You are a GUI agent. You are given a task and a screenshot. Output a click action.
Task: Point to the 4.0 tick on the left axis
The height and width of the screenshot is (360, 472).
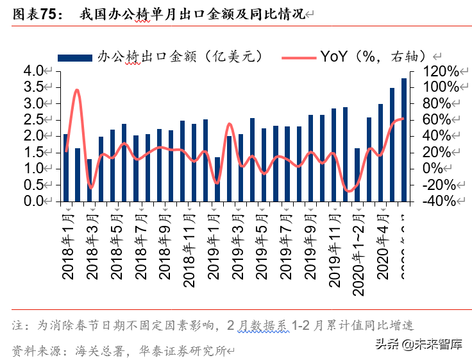[33, 71]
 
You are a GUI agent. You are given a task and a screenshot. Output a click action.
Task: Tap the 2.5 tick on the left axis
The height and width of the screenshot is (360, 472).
[33, 120]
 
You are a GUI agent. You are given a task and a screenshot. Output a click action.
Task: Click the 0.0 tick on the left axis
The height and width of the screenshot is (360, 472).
[33, 201]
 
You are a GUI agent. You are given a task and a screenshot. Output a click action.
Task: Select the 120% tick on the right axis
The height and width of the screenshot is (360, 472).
[441, 71]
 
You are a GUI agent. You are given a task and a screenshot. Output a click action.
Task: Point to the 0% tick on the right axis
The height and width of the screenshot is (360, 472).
[445, 168]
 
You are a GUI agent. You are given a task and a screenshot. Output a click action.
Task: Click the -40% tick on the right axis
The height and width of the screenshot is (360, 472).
[441, 201]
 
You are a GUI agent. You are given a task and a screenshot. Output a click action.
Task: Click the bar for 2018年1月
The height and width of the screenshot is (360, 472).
[66, 168]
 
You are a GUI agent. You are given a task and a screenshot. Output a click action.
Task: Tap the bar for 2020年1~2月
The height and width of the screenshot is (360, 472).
[357, 175]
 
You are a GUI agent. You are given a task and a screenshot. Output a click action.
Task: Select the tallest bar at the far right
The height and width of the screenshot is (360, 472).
[404, 140]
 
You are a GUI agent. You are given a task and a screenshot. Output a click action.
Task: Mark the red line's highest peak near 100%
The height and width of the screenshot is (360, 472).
[77, 90]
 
